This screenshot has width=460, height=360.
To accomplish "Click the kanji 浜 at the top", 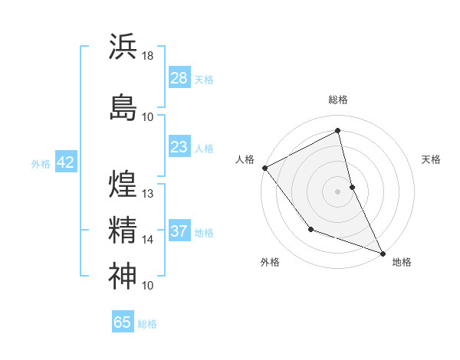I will coord(123,46).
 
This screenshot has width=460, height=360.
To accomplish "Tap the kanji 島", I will coord(123,106).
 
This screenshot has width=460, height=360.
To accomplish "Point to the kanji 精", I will coord(123,229).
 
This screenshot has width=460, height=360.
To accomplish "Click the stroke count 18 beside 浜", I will coord(148,56).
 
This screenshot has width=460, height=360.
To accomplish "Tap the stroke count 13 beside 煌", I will coord(148,193).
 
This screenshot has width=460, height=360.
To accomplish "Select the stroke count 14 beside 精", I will coord(148,240).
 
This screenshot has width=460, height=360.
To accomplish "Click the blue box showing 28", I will coord(179,79).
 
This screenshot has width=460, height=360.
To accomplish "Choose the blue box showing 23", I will coord(179,147).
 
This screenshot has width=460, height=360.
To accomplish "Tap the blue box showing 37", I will coord(179,231).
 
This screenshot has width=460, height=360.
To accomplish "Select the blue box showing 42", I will coord(65,163).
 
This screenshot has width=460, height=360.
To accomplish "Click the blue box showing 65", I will coord(123,322).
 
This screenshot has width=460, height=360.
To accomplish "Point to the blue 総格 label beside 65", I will coord(147,324).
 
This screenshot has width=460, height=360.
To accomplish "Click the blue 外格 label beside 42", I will coord(41,164).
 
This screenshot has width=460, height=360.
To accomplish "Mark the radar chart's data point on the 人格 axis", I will coord(264,168).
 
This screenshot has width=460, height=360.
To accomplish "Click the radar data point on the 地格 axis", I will coord(383,253).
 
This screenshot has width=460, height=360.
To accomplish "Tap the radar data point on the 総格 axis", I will coord(337,130).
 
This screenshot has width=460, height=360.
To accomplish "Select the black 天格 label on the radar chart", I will coord(431,159).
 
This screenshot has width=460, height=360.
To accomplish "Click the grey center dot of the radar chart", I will coord(337,191).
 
